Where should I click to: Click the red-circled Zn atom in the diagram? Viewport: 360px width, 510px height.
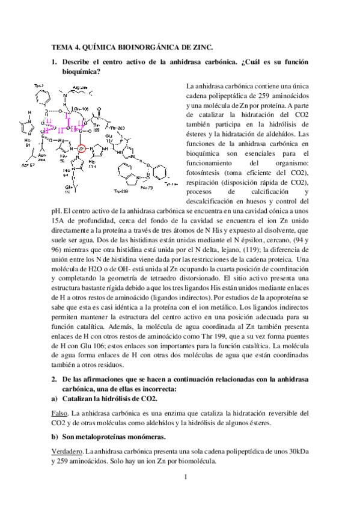click(82, 149)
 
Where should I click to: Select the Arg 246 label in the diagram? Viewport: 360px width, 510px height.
click(81, 87)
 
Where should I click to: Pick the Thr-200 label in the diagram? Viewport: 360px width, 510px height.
click(118, 127)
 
